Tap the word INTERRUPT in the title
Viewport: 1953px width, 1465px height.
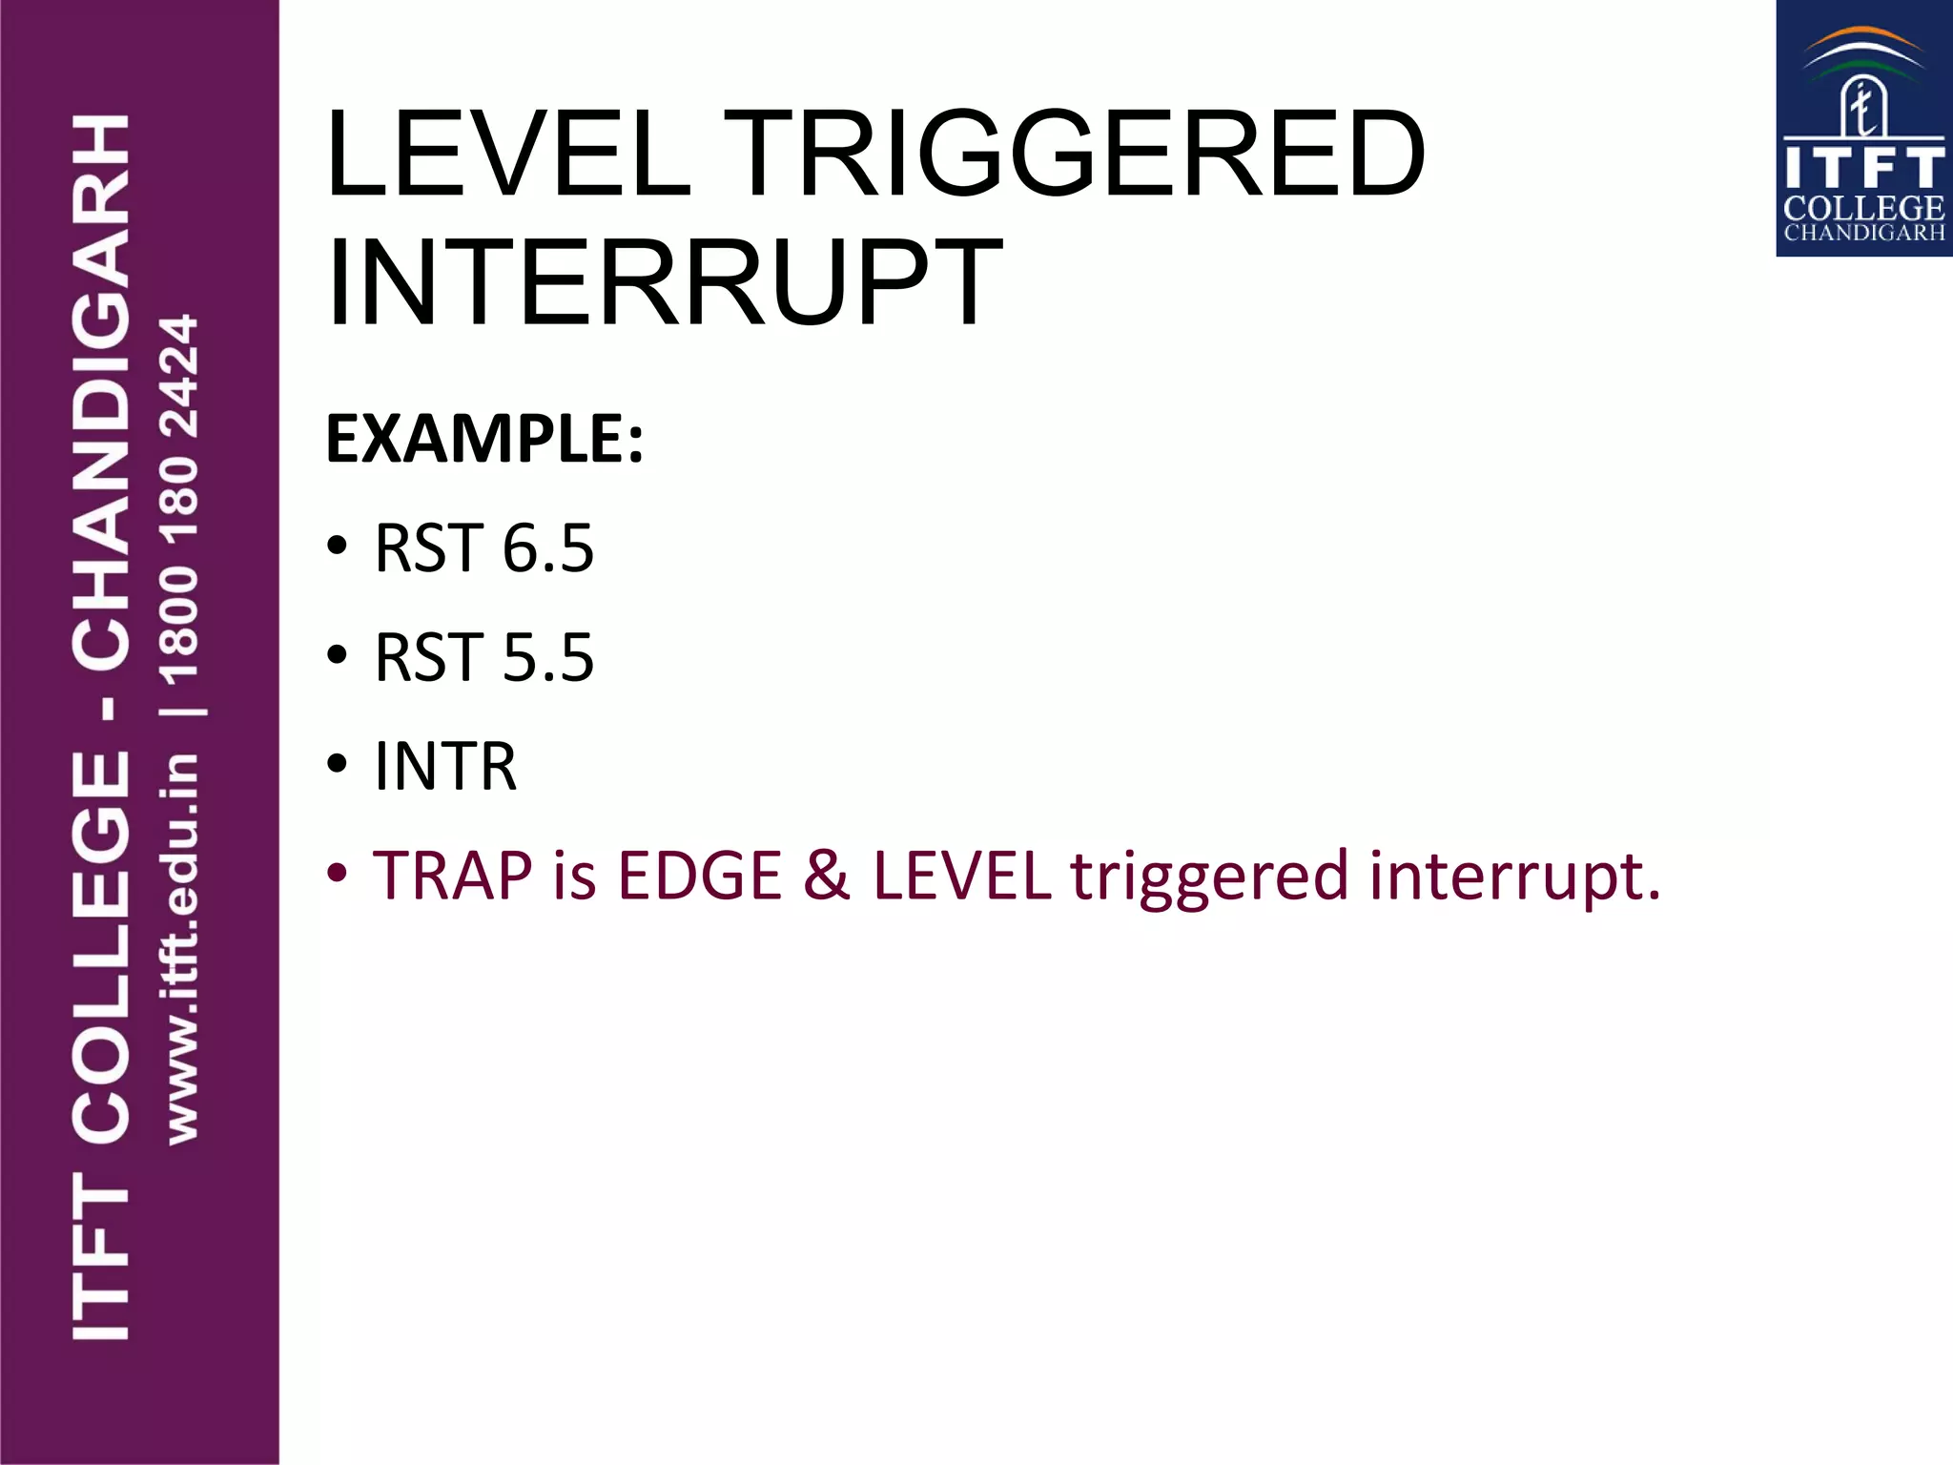pos(664,282)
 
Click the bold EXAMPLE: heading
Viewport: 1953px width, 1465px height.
pos(484,440)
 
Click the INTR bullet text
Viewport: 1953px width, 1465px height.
pos(445,766)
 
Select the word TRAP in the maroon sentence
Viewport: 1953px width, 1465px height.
pos(453,876)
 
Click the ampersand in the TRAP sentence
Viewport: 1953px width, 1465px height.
pos(826,876)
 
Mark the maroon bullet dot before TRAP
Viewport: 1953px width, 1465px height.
pos(337,874)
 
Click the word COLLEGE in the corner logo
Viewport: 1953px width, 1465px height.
pos(1863,208)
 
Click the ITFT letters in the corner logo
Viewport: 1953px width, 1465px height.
pos(1863,170)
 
